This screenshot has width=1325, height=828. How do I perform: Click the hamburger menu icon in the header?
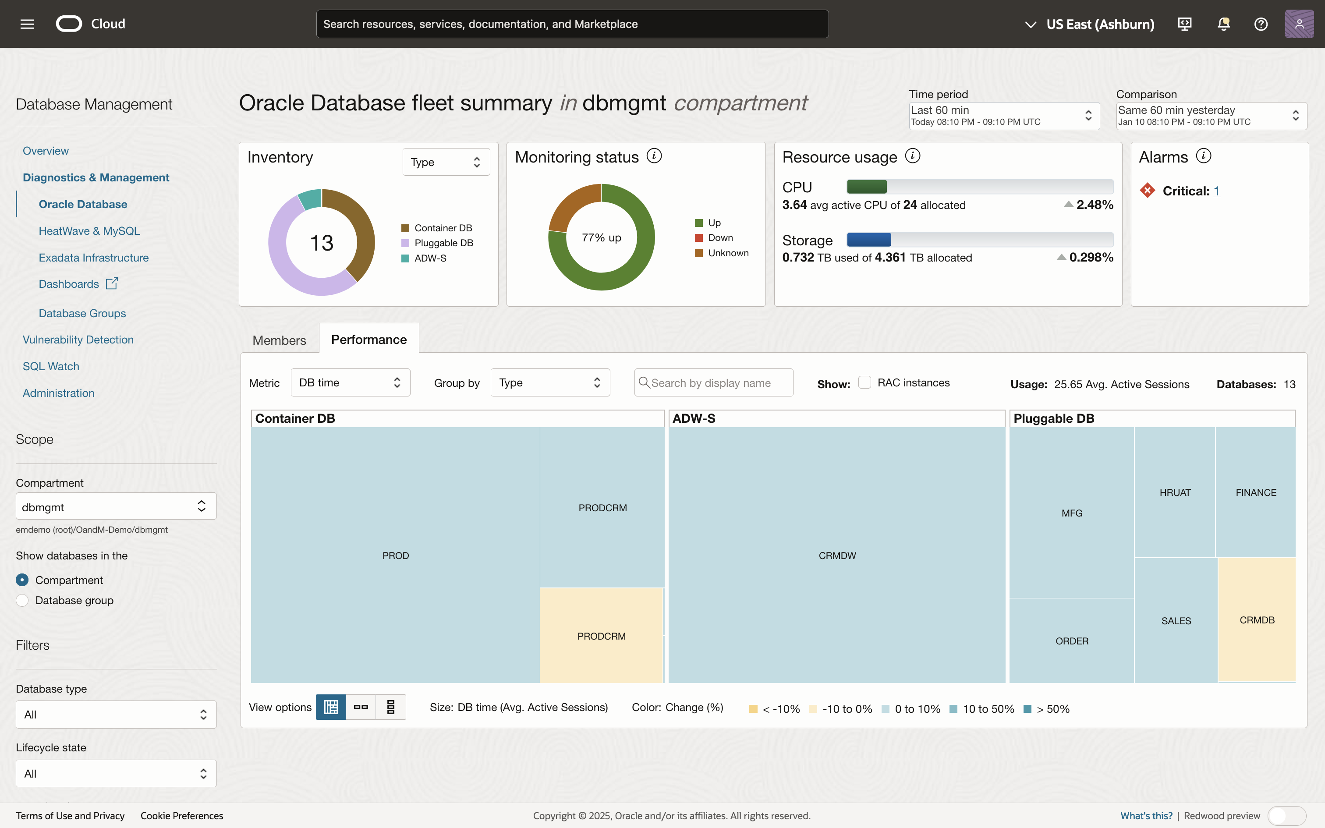[27, 24]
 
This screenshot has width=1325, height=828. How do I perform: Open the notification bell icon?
[1223, 24]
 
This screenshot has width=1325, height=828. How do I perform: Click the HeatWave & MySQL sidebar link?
[89, 231]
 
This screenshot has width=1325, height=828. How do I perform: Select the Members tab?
[279, 340]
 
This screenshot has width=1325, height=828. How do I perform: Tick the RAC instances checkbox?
[864, 382]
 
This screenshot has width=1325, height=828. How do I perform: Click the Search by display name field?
[713, 383]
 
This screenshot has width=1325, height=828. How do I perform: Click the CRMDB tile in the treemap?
[1257, 620]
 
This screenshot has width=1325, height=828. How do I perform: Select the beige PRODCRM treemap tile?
[601, 636]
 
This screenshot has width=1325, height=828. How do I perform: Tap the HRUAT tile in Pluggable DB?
[1175, 492]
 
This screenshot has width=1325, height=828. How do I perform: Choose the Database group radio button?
[22, 600]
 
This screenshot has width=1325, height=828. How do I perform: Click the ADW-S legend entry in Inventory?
[430, 258]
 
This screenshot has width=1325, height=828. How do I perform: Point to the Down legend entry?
[719, 237]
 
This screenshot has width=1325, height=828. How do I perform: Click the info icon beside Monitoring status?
[654, 156]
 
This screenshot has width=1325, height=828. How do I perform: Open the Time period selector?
[1003, 116]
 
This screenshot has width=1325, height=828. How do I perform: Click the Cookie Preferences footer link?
[182, 815]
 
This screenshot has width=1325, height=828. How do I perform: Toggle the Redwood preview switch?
[1287, 815]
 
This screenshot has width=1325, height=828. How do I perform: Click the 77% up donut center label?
[601, 237]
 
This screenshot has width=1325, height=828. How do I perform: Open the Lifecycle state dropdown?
[116, 773]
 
